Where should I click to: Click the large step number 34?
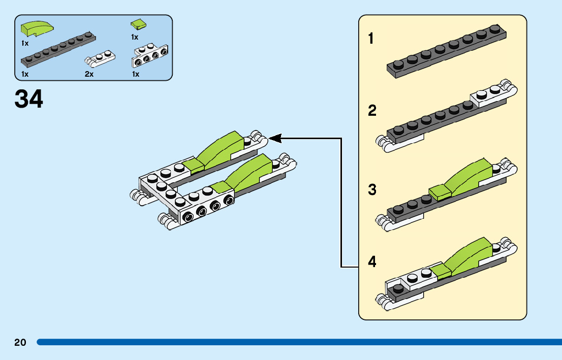coord(29,99)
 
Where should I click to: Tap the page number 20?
coord(20,342)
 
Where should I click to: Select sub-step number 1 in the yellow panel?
coord(371,38)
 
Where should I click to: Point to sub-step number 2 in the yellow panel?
coord(372,111)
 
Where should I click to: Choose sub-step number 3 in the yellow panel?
coord(372,190)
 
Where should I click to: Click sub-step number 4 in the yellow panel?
coord(372,262)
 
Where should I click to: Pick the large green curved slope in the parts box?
coord(38,29)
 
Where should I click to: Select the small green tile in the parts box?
coord(138,24)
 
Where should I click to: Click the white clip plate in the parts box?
coord(100,59)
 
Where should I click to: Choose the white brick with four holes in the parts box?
coord(150,57)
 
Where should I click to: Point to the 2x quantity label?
coord(89,74)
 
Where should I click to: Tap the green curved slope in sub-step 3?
coord(468,175)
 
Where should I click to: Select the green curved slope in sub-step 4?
coord(470,254)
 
